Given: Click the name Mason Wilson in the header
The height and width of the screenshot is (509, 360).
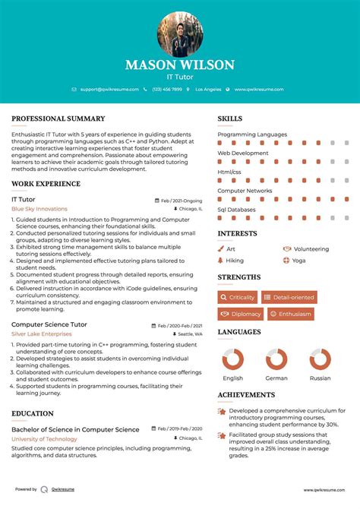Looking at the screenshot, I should tap(180, 65).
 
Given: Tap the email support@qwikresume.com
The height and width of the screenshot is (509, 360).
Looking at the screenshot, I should tap(109, 90).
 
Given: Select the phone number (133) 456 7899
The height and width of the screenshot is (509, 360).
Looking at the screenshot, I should tap(167, 90).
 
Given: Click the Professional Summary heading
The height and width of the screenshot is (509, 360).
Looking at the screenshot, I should tap(58, 119).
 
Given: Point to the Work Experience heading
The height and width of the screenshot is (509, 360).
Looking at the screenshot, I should tap(46, 184).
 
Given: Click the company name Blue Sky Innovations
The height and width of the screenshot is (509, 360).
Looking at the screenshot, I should tap(39, 208).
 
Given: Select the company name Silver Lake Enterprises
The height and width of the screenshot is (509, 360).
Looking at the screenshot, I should tap(44, 334).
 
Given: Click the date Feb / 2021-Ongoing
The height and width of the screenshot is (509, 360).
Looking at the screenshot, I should tap(182, 200).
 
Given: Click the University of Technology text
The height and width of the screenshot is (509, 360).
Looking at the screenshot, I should tap(44, 439).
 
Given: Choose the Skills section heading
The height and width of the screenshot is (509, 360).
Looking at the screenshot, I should tap(230, 119).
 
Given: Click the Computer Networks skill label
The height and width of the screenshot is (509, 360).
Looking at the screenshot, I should tap(245, 191).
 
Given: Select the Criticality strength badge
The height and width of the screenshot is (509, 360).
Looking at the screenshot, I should tap(238, 297).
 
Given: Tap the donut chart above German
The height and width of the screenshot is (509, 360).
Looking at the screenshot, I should tap(276, 359).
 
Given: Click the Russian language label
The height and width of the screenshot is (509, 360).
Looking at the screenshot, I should tap(320, 378).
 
